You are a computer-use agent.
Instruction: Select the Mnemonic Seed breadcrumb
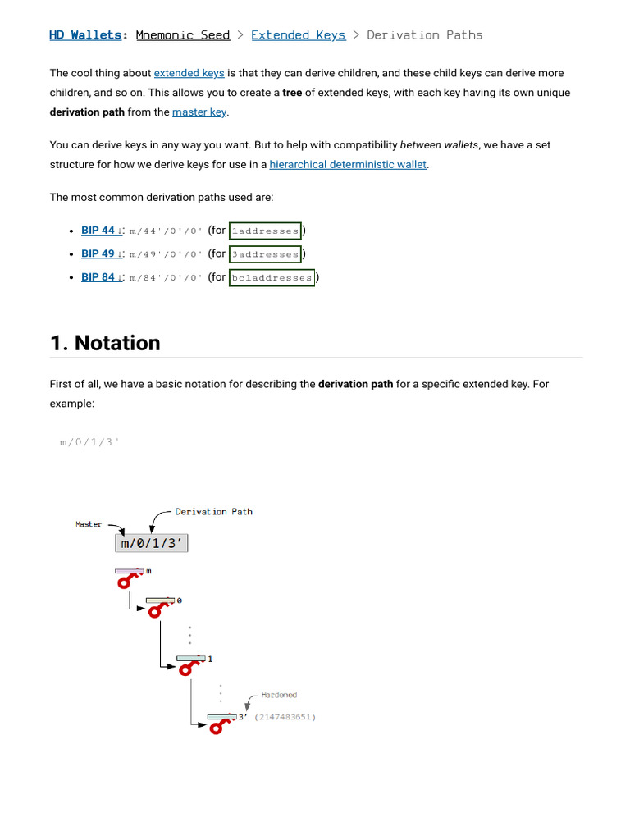tap(182, 35)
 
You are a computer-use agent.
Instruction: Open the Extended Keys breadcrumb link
tap(298, 35)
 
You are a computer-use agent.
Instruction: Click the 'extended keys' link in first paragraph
tap(189, 74)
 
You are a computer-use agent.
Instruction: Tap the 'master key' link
tap(199, 112)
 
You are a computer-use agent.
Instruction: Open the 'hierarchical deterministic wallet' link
tap(348, 165)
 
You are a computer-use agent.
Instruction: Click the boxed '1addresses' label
tap(265, 231)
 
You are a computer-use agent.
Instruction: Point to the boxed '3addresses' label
tap(265, 254)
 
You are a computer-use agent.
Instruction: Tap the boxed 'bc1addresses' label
tap(272, 278)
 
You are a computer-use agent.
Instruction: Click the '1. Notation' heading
tap(105, 343)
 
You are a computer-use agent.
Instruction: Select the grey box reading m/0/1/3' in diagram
tap(151, 543)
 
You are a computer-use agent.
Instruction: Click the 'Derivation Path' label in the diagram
tap(213, 512)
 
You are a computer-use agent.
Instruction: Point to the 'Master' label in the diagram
tap(89, 524)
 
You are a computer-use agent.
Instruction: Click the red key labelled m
tap(128, 577)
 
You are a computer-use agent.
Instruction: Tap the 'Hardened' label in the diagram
tap(279, 695)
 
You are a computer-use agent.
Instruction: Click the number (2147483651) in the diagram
tap(285, 717)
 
